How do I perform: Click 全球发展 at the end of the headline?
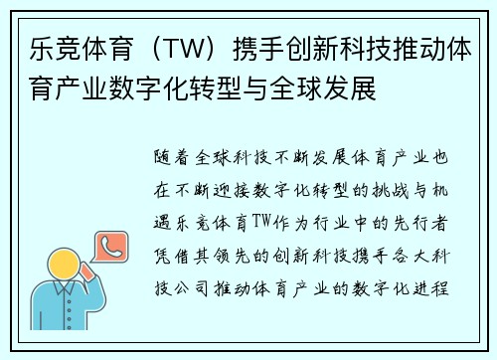coord(332,91)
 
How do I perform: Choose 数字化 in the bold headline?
coord(168,91)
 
